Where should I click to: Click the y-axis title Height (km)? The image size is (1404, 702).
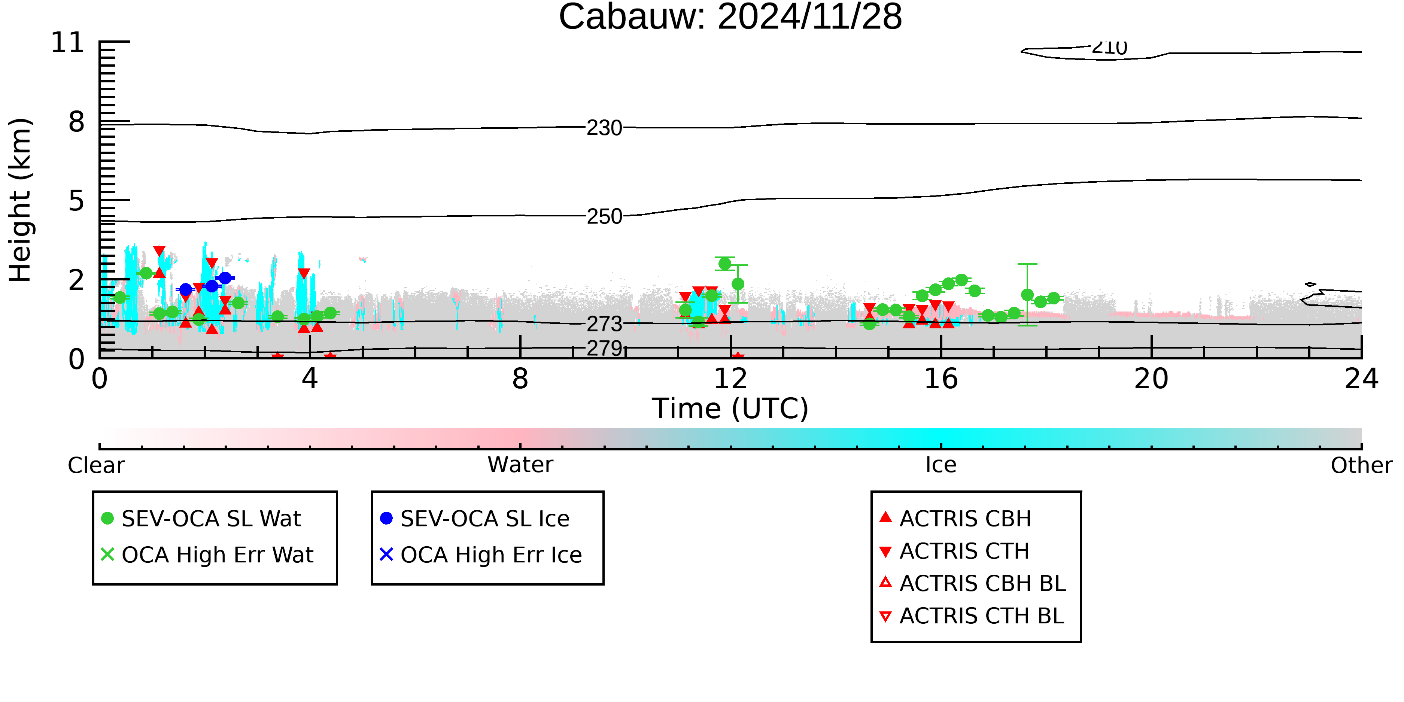point(21,200)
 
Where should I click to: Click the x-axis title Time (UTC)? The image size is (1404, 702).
point(730,409)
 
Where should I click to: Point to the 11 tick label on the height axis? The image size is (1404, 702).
point(68,43)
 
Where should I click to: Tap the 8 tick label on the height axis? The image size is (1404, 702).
point(77,122)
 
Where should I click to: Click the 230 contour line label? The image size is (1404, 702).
point(604,128)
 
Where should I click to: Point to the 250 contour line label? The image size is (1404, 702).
point(604,216)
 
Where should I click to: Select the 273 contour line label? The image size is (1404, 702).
point(604,324)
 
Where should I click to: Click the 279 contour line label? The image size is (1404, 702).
point(604,348)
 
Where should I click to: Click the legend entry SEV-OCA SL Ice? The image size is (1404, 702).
point(475,518)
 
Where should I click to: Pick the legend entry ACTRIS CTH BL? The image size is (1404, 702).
point(972,616)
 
